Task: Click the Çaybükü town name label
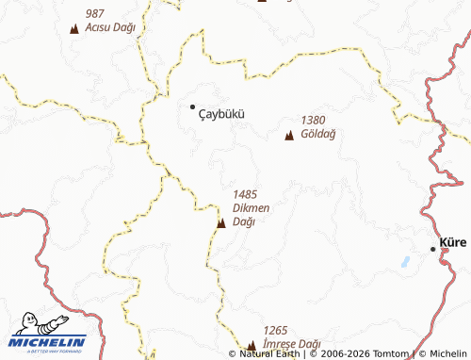tap(222, 113)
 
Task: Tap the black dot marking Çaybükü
tap(193, 106)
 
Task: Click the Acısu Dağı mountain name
tap(110, 27)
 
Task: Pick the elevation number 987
tap(94, 13)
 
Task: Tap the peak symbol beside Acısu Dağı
tap(73, 29)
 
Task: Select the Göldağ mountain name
tap(318, 134)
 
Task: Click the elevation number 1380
tap(314, 121)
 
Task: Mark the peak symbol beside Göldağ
tap(289, 137)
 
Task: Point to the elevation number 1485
tap(245, 194)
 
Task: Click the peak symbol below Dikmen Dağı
tap(220, 223)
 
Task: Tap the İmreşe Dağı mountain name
tap(293, 344)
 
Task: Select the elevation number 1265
tap(275, 330)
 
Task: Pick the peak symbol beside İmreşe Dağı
tap(252, 346)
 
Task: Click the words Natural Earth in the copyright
tap(272, 354)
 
